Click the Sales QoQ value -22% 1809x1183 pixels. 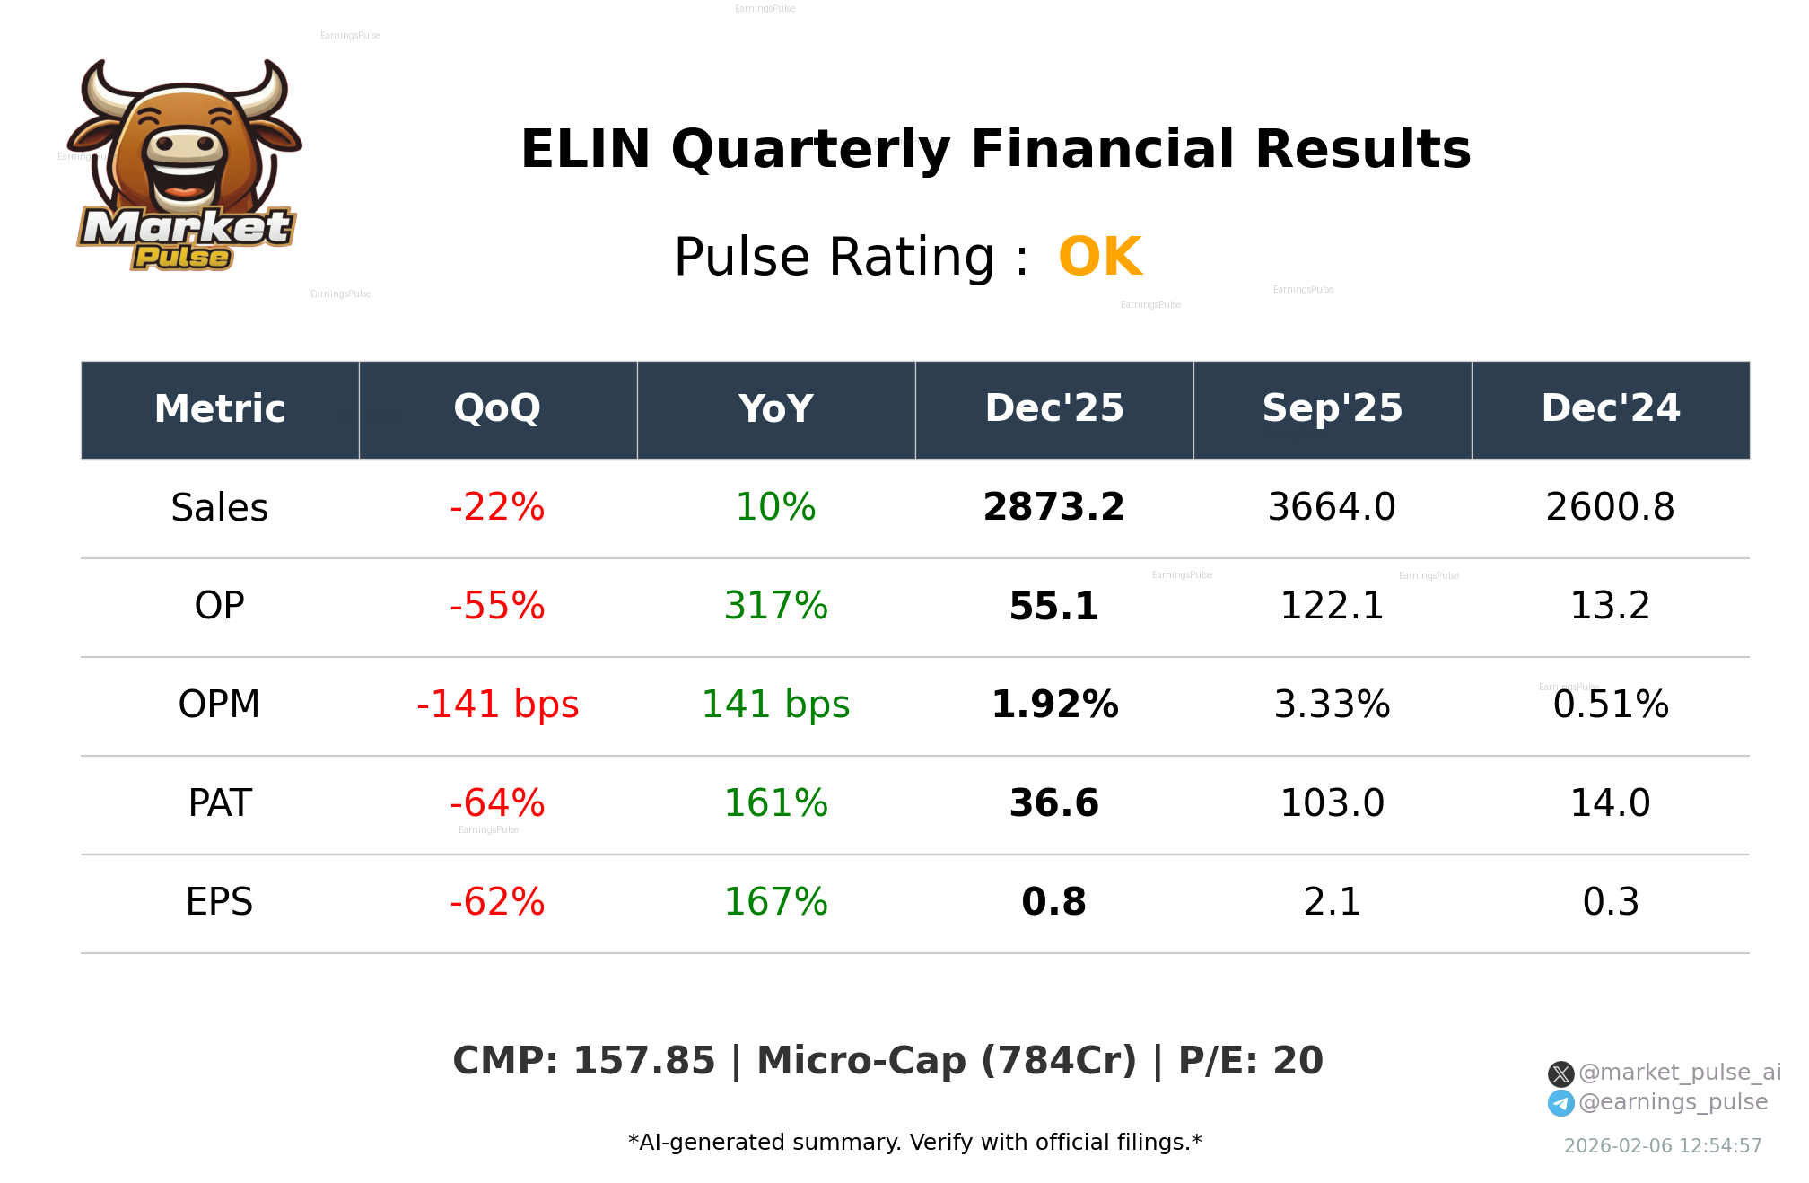click(x=497, y=507)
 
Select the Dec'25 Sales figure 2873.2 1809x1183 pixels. click(x=1053, y=507)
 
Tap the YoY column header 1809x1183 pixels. click(x=775, y=409)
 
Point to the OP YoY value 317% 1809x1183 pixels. click(x=775, y=606)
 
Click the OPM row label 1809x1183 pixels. click(x=219, y=705)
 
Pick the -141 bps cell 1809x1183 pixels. click(x=497, y=705)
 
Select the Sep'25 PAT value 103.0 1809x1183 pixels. click(x=1332, y=803)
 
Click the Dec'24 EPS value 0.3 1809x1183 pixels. click(x=1610, y=902)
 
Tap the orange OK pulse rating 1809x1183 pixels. click(x=1100, y=258)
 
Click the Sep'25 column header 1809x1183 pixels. click(x=1332, y=409)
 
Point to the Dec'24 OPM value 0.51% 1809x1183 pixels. click(x=1610, y=705)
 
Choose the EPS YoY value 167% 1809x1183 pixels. click(x=775, y=902)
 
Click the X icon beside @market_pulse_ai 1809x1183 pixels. click(x=1560, y=1073)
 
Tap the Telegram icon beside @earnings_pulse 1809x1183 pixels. click(x=1560, y=1103)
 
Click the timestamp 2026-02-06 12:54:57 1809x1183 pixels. click(x=1662, y=1146)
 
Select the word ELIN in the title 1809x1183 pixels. click(x=585, y=149)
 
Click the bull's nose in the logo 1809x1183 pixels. click(x=186, y=145)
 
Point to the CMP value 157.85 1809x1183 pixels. click(x=643, y=1061)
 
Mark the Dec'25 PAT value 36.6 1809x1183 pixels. click(x=1053, y=803)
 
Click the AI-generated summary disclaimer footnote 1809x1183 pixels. click(x=914, y=1143)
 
